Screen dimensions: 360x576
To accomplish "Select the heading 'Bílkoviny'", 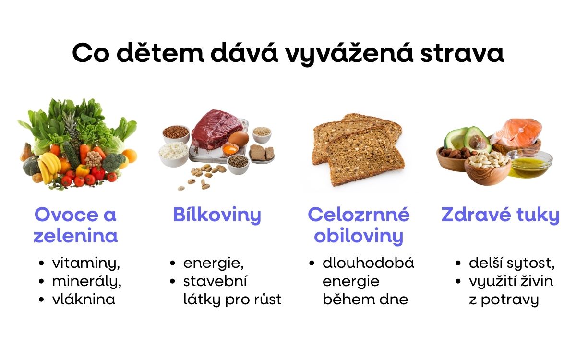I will point(217,215).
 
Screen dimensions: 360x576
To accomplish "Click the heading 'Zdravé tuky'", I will point(500,215).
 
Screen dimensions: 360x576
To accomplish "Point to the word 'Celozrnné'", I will point(359,215).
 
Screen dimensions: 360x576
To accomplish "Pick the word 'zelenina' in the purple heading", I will point(76,236).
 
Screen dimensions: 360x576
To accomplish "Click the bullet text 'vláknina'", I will point(84,300).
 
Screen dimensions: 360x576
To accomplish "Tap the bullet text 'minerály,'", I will point(86,281).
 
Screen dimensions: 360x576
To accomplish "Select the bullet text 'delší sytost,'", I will point(512,263).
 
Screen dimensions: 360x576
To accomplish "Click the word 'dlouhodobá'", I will point(368,263).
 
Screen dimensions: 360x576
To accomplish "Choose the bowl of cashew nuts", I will point(486,163).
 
